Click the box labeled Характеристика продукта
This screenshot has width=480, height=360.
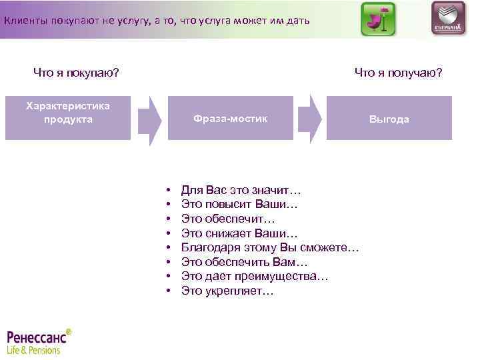pos(67,117)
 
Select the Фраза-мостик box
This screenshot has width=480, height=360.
pos(230,118)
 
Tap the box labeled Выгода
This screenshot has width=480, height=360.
pos(389,118)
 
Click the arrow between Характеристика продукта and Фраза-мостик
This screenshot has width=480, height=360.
pos(153,119)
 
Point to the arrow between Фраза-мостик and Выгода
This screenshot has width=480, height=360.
pos(315,119)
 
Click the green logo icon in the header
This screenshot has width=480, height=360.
pos(377,19)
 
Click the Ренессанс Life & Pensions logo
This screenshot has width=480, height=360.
pos(39,341)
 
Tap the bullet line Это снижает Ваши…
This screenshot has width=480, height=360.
pos(239,233)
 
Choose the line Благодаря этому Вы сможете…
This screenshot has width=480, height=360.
pos(270,248)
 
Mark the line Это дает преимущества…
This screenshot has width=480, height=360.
pos(255,277)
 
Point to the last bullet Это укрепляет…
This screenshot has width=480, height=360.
pos(227,291)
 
